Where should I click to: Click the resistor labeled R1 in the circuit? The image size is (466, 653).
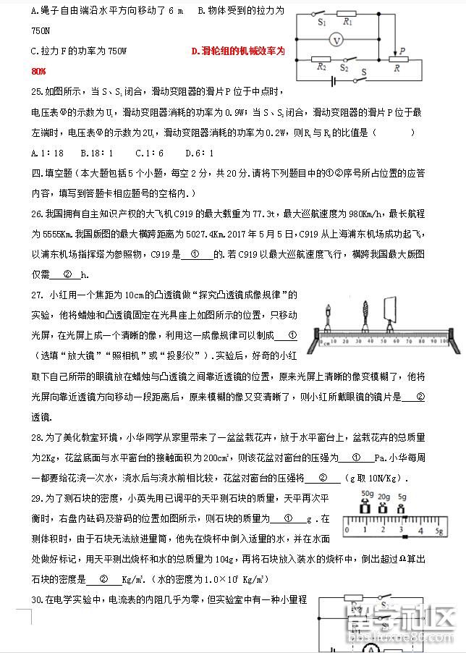[348, 22]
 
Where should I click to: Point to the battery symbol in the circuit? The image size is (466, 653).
[334, 80]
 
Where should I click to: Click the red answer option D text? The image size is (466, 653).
[238, 51]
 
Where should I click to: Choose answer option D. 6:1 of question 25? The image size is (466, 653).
[198, 153]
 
